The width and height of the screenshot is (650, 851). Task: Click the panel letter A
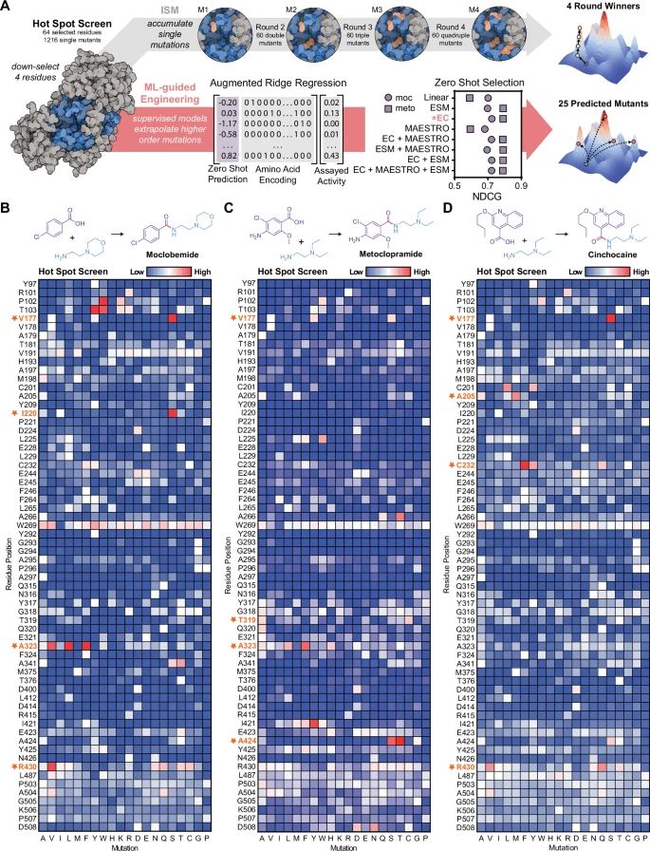[8, 8]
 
